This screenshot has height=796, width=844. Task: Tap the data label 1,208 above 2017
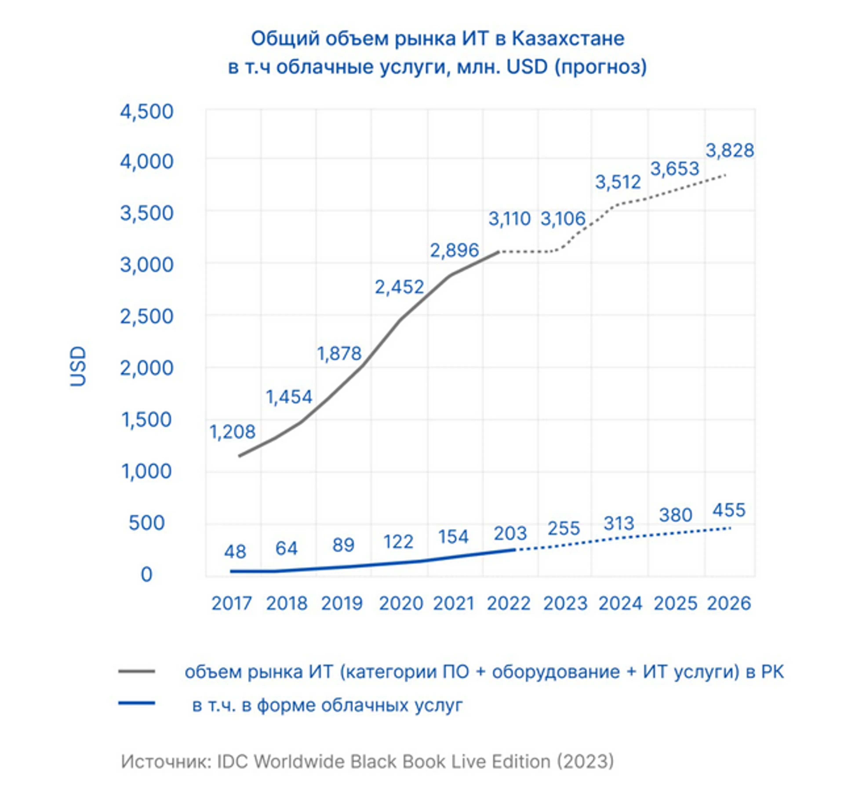coord(232,432)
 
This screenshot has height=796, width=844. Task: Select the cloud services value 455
coord(729,510)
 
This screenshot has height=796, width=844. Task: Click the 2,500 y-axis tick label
coord(147,316)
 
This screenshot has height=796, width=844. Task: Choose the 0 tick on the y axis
coord(147,574)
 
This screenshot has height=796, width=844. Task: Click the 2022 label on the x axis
coord(508,603)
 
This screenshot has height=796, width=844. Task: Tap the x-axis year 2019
coord(342,603)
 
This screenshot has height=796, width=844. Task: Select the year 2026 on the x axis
coord(729,603)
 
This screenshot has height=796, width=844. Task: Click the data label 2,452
coord(399,287)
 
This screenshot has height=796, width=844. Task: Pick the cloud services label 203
coord(510,533)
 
